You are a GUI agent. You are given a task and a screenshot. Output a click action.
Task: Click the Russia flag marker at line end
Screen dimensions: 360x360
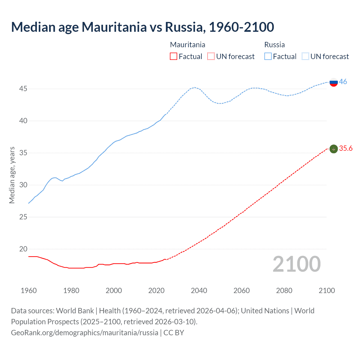(x=333, y=82)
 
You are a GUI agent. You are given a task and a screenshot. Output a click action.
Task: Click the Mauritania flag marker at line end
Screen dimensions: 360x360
(x=333, y=149)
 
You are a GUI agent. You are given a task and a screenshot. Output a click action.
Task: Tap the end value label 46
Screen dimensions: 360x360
(x=343, y=82)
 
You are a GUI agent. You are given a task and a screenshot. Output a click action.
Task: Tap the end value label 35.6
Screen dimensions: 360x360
(x=346, y=148)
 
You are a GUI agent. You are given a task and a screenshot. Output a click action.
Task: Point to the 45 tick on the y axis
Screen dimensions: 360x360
(x=23, y=89)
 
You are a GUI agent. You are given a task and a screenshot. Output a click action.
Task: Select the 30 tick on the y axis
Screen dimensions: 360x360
(x=23, y=185)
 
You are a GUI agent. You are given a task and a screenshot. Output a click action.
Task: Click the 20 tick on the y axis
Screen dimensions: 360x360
(x=23, y=249)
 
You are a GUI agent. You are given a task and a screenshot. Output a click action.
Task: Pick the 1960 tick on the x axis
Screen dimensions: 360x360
(x=29, y=291)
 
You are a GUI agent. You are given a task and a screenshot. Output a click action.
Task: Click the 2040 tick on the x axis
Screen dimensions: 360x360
(x=199, y=291)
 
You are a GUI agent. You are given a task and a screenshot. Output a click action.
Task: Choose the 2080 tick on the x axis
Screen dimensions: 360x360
(x=284, y=291)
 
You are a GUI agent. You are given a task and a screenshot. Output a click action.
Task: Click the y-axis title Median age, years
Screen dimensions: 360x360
(x=12, y=175)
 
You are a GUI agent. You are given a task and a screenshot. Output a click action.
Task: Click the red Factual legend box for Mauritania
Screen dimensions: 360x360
(x=174, y=57)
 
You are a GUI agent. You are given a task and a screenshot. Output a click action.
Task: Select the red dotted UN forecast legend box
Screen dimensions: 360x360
(x=211, y=57)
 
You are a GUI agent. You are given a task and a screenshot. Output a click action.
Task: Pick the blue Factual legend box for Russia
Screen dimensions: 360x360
(x=268, y=57)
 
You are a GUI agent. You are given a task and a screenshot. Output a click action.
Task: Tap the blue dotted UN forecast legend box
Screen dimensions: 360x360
(x=305, y=57)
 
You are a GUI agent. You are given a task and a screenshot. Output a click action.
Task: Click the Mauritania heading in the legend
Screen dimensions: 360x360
(x=188, y=45)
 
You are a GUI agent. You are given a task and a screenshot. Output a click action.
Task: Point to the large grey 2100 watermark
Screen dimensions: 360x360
(x=296, y=264)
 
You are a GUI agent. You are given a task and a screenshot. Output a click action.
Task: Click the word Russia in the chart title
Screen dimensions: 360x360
(x=183, y=27)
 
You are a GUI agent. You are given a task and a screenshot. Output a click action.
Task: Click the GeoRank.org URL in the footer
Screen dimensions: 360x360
(x=84, y=333)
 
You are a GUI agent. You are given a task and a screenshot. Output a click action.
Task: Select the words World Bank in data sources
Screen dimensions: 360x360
(x=75, y=311)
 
